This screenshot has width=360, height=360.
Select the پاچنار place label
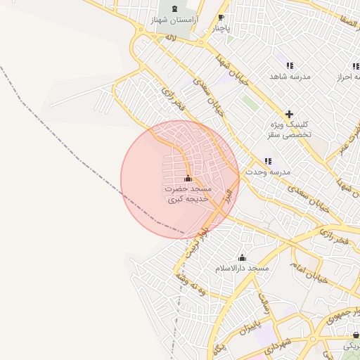(x=221, y=29)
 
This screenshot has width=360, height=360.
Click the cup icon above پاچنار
(x=221, y=18)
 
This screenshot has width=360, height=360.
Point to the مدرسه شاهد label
(x=286, y=75)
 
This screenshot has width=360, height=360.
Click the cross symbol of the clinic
(x=289, y=114)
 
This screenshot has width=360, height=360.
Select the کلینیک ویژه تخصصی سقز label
(x=290, y=129)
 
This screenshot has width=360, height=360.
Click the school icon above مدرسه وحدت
(x=268, y=162)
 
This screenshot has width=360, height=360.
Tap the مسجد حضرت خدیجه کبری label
(x=188, y=194)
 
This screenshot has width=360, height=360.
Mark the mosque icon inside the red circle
(x=188, y=178)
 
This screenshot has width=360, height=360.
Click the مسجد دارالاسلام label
(x=243, y=269)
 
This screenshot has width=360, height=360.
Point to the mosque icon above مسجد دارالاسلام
(x=243, y=258)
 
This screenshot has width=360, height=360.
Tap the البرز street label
(x=227, y=196)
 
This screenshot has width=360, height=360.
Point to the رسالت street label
(x=265, y=303)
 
